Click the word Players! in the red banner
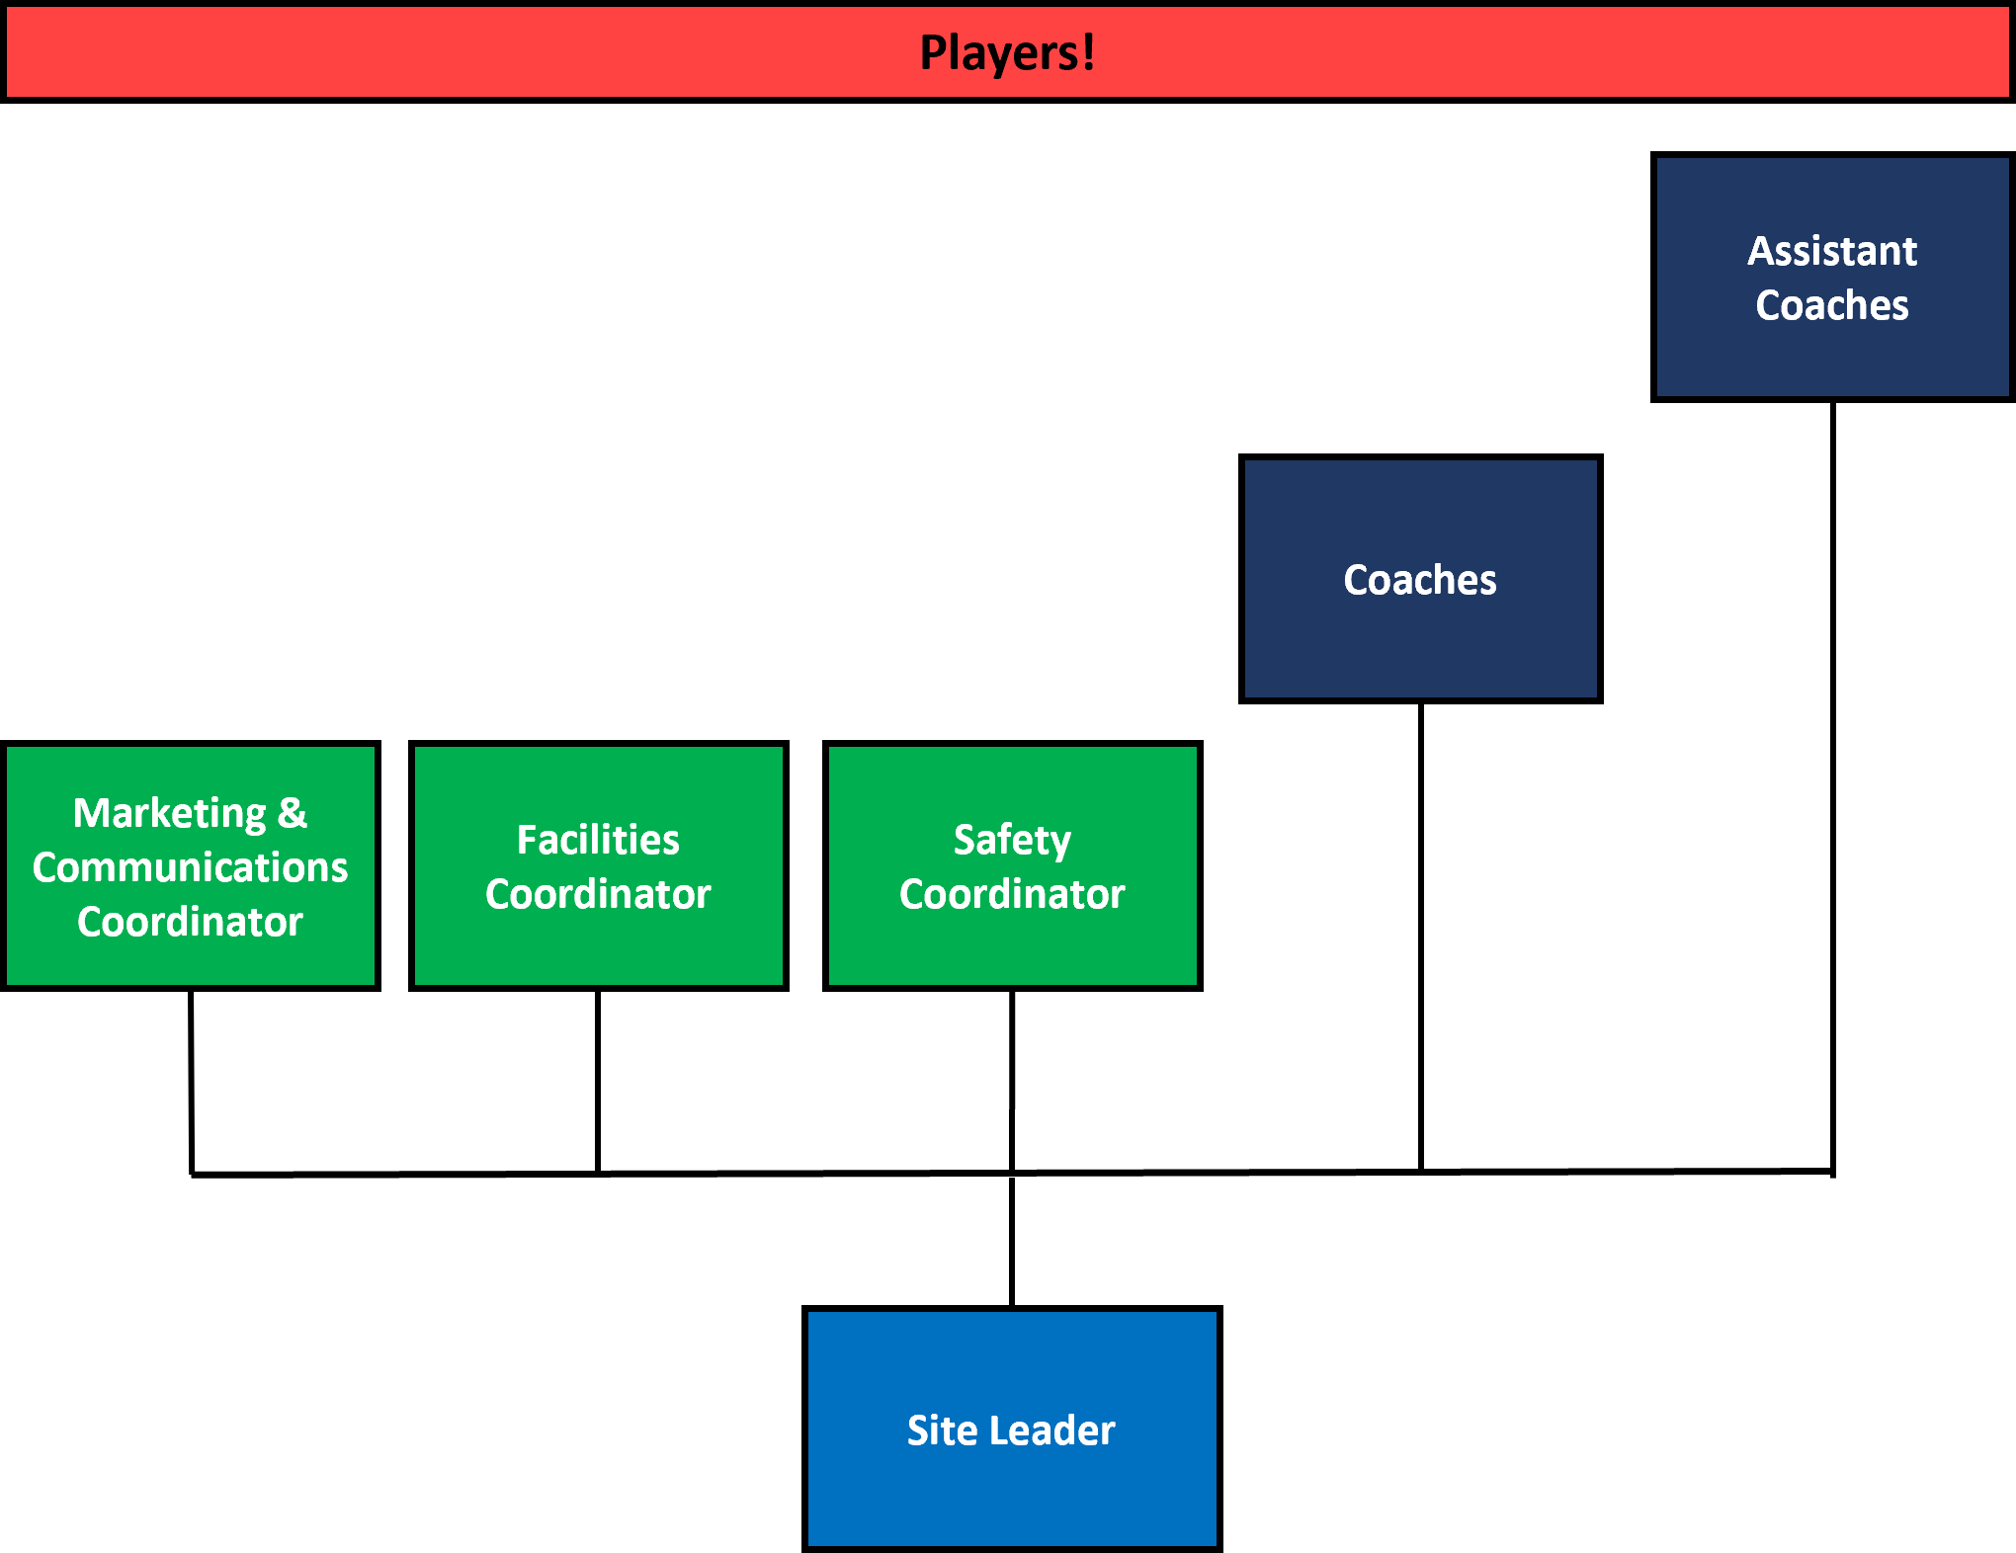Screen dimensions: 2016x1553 pyautogui.click(x=1007, y=53)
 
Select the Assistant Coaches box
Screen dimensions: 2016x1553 pyautogui.click(x=1832, y=277)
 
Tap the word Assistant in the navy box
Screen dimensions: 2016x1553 pyautogui.click(x=1832, y=251)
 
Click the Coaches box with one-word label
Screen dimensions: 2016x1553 pyautogui.click(x=1420, y=579)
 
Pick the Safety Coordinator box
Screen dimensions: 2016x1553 pyautogui.click(x=1012, y=865)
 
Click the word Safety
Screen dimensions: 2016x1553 pyautogui.click(x=1012, y=841)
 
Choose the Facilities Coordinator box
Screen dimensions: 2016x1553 pyautogui.click(x=598, y=865)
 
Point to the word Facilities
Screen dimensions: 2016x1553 pyautogui.click(x=598, y=840)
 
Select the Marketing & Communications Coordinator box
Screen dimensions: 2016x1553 pyautogui.click(x=191, y=865)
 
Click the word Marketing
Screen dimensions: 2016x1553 pyautogui.click(x=169, y=814)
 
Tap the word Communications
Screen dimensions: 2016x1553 pyautogui.click(x=190, y=867)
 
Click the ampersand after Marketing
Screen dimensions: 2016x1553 pyautogui.click(x=293, y=813)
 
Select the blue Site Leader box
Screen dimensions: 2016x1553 pyautogui.click(x=1012, y=1429)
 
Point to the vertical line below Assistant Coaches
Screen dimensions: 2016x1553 pyautogui.click(x=1832, y=788)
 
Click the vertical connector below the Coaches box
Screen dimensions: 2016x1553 pyautogui.click(x=1420, y=938)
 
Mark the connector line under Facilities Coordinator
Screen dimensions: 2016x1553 pyautogui.click(x=598, y=1082)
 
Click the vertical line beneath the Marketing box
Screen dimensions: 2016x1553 pyautogui.click(x=191, y=1083)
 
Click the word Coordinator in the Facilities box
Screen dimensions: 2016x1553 pyautogui.click(x=598, y=894)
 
